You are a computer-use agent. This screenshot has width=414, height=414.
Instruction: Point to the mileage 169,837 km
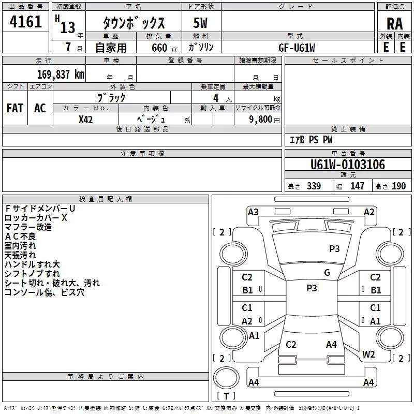[x=61, y=75]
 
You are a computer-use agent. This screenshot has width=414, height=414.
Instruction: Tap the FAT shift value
[x=14, y=108]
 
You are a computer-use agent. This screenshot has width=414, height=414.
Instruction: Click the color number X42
[x=86, y=119]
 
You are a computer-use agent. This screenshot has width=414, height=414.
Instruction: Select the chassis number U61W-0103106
[x=348, y=165]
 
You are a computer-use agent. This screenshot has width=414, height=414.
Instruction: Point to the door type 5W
[x=201, y=24]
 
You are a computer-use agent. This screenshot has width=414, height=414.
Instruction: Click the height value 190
[x=398, y=186]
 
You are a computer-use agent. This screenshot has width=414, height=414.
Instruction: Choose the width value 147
[x=357, y=186]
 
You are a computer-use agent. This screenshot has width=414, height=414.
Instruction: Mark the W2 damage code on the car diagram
[x=368, y=354]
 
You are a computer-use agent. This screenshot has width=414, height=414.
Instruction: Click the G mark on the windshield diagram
[x=327, y=273]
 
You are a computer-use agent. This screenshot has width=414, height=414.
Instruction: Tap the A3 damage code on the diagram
[x=253, y=212]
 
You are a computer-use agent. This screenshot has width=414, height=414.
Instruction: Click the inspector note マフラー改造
[x=28, y=227]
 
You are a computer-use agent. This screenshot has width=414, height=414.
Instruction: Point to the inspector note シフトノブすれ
[x=32, y=274]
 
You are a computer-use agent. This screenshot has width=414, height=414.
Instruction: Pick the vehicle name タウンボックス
[x=134, y=24]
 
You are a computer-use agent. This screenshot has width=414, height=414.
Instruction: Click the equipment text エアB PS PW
[x=310, y=140]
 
